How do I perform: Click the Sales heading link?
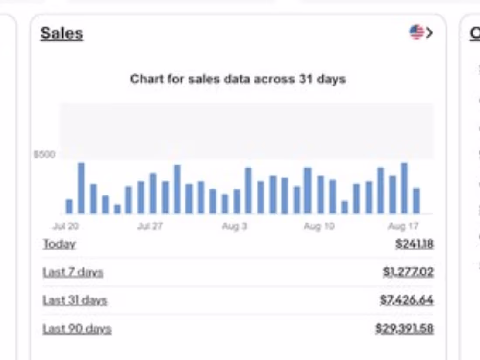coord(62,33)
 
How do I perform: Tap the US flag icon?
coord(416,32)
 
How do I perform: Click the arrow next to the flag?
coord(429,33)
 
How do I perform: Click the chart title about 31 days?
coord(238,79)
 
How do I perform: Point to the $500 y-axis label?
coord(45,154)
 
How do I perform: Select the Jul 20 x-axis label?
coord(65,226)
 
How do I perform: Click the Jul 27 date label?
coord(150,226)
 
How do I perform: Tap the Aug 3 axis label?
coord(234,226)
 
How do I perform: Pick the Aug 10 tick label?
coord(319,226)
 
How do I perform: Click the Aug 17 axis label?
coord(403,226)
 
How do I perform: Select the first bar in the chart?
coord(69,206)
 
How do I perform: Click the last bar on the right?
coord(416,201)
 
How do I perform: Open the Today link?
coord(59,244)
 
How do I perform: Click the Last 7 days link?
coord(73,272)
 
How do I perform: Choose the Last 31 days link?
coord(75,300)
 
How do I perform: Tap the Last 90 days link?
coord(77,329)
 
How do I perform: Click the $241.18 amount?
coord(414,244)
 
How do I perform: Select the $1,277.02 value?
coord(408,272)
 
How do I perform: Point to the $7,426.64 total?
coord(406,300)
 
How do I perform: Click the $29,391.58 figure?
coord(404,329)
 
